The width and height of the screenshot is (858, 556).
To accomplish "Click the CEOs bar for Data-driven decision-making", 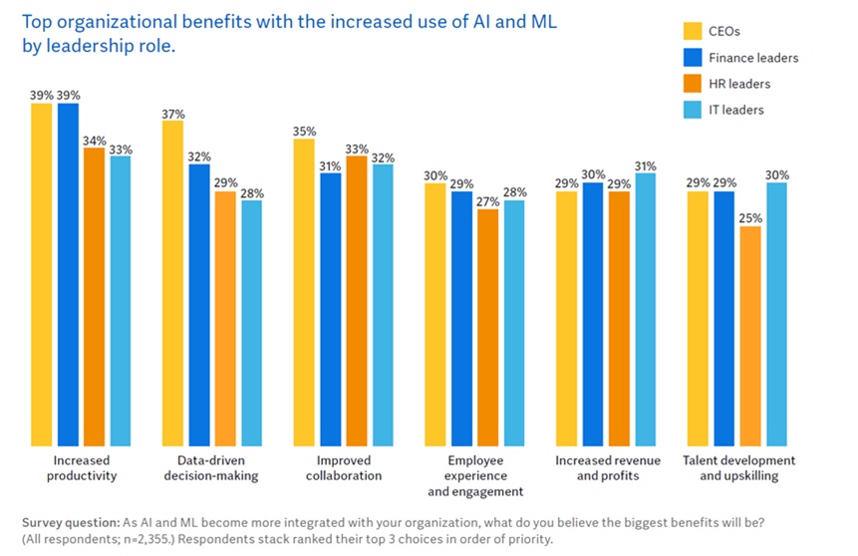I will [172, 283].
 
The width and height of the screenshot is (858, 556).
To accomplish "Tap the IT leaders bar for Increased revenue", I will [645, 309].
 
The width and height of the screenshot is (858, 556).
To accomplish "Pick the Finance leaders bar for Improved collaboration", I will [330, 309].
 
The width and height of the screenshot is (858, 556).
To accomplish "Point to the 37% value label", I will [172, 113].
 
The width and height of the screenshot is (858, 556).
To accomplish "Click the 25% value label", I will [749, 218].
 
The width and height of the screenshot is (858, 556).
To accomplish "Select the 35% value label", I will [304, 131].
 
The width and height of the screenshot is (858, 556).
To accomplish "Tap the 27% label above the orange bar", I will [487, 200].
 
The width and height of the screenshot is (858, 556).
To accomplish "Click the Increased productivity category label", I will [82, 468].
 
